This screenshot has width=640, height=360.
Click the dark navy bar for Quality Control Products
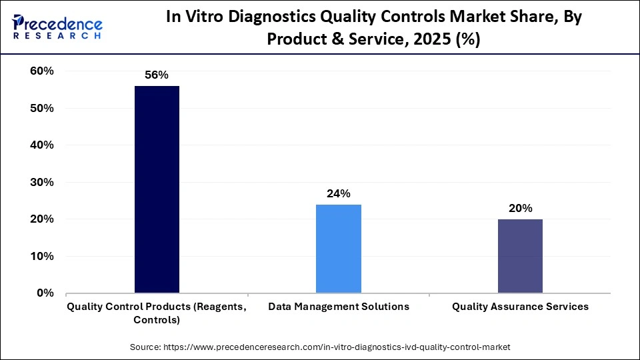point(157,189)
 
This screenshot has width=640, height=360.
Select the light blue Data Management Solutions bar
point(339,249)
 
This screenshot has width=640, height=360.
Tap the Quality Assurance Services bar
point(520,256)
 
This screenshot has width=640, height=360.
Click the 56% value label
point(157,75)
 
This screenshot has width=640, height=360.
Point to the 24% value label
point(339,194)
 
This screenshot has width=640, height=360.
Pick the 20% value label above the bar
point(520,209)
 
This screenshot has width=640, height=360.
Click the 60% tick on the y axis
point(41,71)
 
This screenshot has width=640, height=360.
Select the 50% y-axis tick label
point(41,108)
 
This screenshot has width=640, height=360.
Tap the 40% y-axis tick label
point(41,145)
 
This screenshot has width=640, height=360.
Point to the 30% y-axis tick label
point(41,182)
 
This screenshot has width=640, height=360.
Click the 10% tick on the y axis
point(41,256)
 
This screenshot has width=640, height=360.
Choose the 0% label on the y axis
point(45,293)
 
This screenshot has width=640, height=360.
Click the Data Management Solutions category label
point(339,307)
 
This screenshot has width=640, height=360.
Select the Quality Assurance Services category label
point(520,307)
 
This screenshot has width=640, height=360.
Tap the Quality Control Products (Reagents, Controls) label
point(157,313)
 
